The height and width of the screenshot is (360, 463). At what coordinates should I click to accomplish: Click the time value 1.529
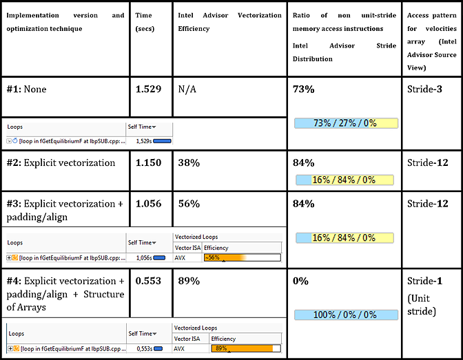[149, 89]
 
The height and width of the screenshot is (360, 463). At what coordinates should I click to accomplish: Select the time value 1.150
[149, 163]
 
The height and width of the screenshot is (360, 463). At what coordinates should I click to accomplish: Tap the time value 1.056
[149, 204]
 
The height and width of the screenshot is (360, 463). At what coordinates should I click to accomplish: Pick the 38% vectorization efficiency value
[189, 163]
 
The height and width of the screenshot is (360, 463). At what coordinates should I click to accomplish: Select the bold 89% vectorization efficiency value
[189, 281]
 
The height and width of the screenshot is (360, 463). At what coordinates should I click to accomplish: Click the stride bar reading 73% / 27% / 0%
[344, 123]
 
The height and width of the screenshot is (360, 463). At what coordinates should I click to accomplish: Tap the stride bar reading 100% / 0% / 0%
[344, 315]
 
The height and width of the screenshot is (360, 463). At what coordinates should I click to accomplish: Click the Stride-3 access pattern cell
[424, 89]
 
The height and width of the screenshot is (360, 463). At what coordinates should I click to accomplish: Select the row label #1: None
[27, 89]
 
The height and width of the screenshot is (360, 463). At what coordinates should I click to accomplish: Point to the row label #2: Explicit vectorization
[61, 163]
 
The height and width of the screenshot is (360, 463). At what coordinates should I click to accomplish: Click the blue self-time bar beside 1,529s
[162, 140]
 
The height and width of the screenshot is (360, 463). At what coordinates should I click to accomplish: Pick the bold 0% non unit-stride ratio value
[300, 281]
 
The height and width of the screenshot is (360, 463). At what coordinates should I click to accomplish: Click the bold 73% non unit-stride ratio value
[304, 89]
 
